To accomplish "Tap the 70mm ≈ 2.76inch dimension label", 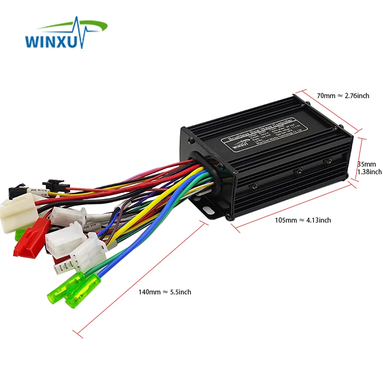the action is point(343,96).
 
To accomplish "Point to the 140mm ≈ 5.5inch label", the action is point(165,292).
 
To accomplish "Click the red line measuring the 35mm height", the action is point(360,159).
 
